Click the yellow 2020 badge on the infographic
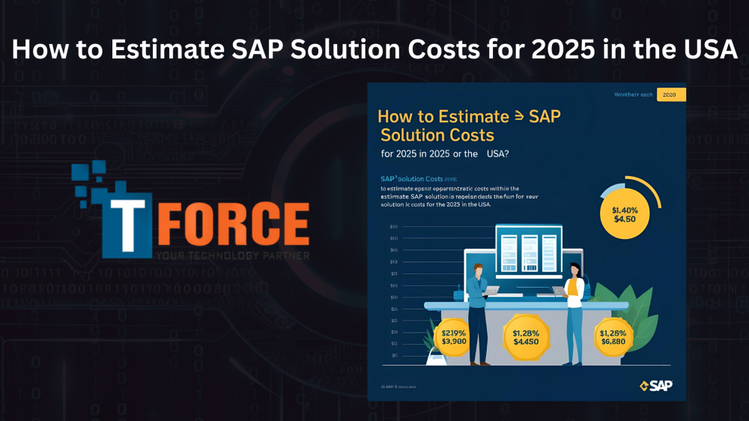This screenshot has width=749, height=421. coord(670,94)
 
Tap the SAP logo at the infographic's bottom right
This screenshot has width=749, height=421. coord(657,385)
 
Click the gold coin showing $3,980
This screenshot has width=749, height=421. coord(455,336)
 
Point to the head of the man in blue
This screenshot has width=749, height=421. coord(477,270)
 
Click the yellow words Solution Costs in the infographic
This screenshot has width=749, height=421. coord(437,135)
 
